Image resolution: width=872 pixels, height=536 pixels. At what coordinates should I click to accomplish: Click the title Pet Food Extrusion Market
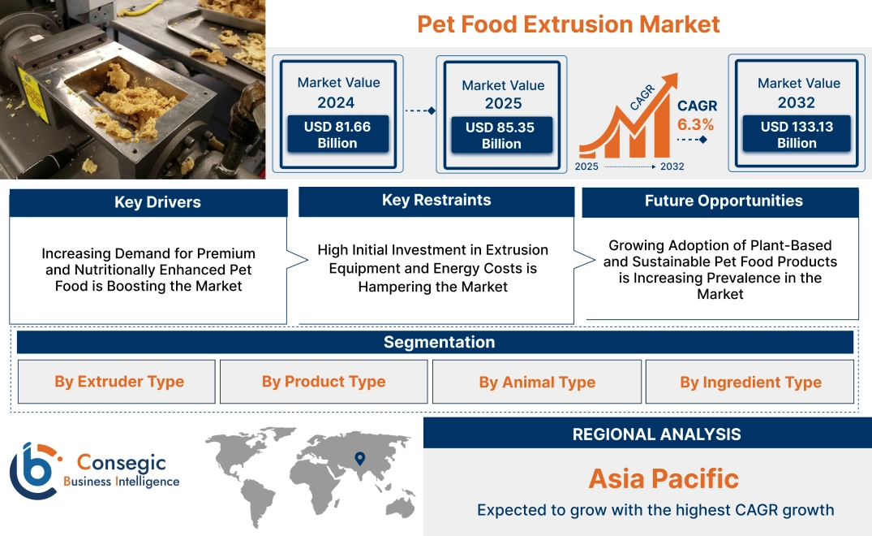(568, 24)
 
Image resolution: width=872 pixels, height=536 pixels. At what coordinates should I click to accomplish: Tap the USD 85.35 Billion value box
(501, 136)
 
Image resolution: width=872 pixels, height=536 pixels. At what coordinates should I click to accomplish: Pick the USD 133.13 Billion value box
(797, 135)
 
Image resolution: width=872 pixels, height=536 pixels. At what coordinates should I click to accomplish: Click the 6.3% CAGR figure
(695, 124)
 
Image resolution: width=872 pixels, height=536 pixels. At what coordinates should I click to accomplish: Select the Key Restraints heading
(436, 201)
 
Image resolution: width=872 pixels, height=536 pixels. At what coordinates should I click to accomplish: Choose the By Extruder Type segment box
(119, 382)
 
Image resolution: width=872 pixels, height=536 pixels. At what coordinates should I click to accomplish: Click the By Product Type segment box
(324, 382)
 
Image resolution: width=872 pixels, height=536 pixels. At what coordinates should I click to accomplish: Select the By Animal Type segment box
(537, 382)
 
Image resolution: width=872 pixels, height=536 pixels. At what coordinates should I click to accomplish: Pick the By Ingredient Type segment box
(750, 382)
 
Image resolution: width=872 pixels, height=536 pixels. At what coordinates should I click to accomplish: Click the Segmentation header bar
(439, 342)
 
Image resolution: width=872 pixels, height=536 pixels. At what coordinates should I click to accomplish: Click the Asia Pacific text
(664, 478)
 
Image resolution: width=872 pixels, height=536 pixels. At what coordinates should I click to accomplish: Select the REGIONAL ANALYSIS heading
(656, 434)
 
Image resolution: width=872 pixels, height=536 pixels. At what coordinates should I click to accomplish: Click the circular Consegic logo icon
(35, 469)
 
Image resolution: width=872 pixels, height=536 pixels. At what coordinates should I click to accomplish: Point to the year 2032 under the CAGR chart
(672, 166)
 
